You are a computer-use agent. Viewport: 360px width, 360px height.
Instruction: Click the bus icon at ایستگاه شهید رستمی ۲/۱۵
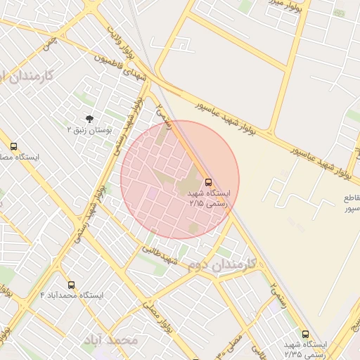pos(207,181)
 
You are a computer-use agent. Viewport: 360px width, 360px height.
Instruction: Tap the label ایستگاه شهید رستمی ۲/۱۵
pos(206,198)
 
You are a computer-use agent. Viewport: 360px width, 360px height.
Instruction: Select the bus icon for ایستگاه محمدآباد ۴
pos(71,285)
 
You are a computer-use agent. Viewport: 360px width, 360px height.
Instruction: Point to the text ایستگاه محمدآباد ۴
pos(72,295)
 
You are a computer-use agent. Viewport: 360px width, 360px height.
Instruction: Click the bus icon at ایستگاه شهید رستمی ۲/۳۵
pos(305,334)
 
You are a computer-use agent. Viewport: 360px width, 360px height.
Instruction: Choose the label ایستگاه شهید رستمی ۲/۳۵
pos(305,349)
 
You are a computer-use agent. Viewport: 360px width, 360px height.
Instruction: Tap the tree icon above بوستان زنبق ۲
pos(89,119)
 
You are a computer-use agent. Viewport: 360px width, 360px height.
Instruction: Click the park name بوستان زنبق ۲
pos(89,130)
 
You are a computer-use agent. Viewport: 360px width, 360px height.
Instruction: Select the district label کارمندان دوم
pos(221,266)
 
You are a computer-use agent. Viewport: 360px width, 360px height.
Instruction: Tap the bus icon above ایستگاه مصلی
pos(13,147)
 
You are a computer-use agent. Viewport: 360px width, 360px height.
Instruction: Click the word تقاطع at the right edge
pos(349,198)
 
